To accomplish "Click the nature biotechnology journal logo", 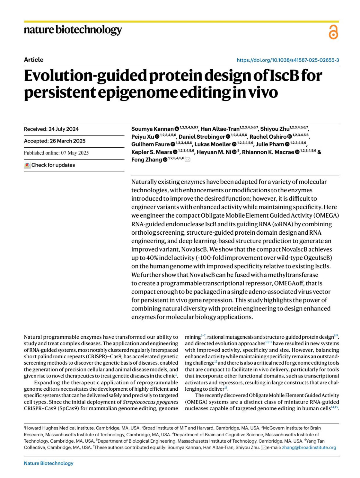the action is coord(73,30).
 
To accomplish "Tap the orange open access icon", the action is coord(333,32).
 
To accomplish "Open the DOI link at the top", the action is coord(288,60).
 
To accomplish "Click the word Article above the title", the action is coord(34,60).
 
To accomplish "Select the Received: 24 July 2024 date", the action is coord(51,129).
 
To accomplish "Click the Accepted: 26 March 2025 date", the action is coord(55,141).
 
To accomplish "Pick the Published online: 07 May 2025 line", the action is coord(56,153).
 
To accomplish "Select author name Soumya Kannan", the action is coord(152,129).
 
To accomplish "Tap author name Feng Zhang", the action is coord(146,160).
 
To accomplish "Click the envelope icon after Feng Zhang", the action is coord(187,160).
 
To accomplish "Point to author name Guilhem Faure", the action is coord(150,144).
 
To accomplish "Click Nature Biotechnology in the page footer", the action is coord(49,463).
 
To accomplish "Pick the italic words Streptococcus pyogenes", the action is coord(150,402).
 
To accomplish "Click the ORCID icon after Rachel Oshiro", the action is coord(289,137).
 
